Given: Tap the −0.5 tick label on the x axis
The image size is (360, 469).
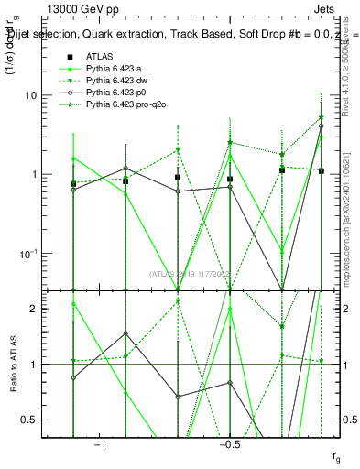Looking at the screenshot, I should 229,444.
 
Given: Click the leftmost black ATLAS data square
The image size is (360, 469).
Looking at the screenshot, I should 73,184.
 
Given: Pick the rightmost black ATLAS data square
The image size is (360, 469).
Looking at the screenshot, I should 321,171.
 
